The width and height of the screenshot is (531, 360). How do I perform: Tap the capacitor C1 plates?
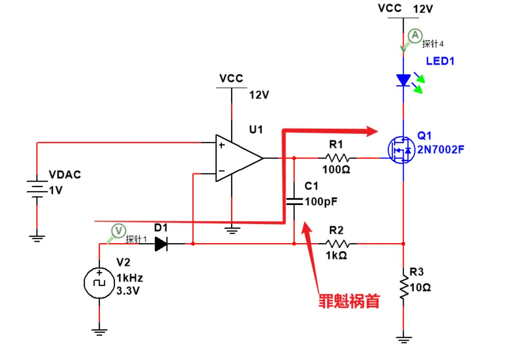pos(294,202)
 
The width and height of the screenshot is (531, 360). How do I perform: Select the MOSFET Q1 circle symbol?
pos(400,149)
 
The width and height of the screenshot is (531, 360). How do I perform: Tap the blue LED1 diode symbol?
pos(404,80)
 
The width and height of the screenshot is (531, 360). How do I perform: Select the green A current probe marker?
pos(414,36)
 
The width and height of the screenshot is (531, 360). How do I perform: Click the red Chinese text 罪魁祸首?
pos(349,301)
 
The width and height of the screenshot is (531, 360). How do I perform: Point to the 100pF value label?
pos(321,202)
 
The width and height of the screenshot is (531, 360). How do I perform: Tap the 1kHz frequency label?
pos(130,278)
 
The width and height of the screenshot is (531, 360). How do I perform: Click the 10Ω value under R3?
pos(420,288)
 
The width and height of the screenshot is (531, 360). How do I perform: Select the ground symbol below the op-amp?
pos(231,230)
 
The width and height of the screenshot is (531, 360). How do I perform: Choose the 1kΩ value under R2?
pos(336,255)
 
